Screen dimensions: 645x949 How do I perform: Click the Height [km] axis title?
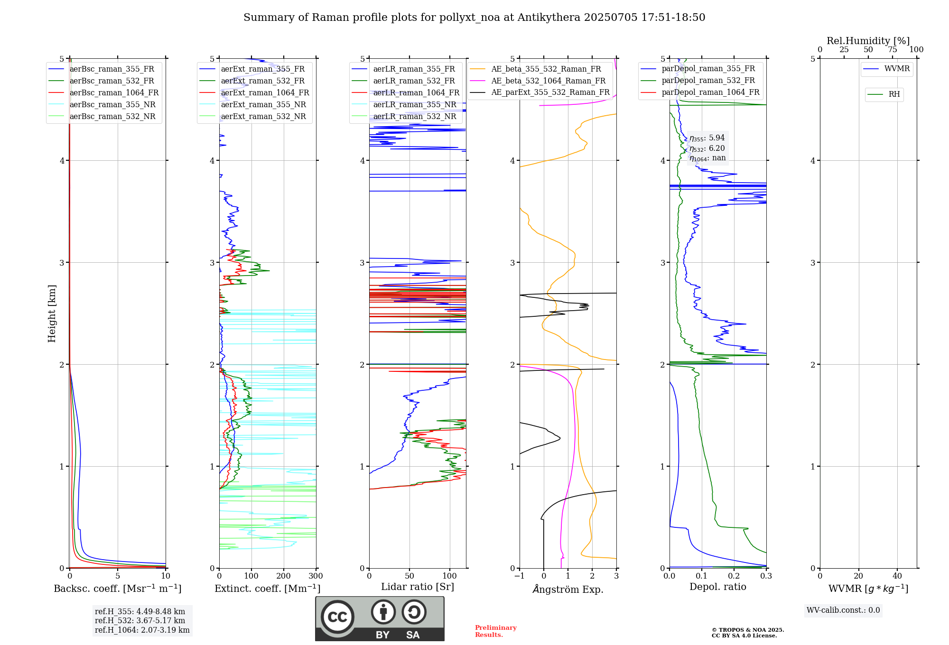(52, 313)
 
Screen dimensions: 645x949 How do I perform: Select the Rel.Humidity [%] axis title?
(868, 41)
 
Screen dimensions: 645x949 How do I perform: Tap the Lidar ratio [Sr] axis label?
(418, 587)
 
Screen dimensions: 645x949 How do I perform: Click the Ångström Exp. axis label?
(568, 590)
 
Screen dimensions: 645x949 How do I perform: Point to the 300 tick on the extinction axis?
(316, 576)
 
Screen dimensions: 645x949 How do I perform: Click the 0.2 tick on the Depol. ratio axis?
(734, 576)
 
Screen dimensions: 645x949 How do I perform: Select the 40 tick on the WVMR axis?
(897, 576)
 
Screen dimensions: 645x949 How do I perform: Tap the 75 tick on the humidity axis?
(893, 50)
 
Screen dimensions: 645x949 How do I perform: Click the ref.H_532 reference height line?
(140, 621)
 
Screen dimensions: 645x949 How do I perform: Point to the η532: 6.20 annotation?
(707, 148)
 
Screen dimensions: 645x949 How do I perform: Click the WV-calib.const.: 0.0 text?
(843, 610)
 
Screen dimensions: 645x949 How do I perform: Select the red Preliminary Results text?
(495, 631)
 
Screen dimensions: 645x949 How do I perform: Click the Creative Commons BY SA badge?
(380, 619)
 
